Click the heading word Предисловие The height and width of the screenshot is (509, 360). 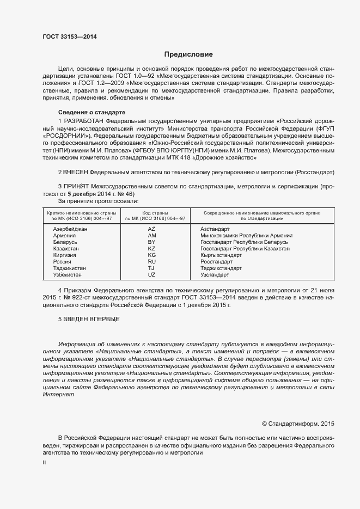[x=188, y=54]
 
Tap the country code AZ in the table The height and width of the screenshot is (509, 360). [x=152, y=229]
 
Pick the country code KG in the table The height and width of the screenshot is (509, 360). [x=152, y=255]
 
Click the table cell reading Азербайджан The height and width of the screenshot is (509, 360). [x=70, y=229]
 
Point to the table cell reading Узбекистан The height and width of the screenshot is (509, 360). [x=68, y=274]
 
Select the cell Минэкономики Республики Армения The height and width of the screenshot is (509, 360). [x=246, y=236]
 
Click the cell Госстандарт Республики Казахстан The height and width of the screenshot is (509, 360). [x=245, y=248]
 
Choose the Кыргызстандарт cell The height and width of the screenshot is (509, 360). [x=221, y=255]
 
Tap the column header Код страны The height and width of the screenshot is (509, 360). [x=155, y=212]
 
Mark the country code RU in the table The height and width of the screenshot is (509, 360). [x=152, y=261]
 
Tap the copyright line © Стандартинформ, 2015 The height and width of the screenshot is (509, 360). [x=298, y=423]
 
